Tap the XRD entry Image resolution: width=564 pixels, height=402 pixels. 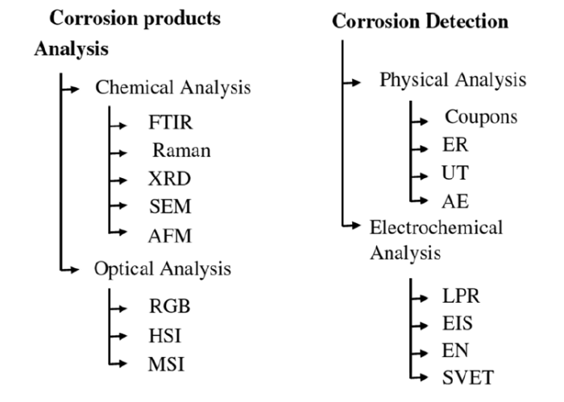point(169,178)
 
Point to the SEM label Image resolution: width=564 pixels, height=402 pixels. point(171,205)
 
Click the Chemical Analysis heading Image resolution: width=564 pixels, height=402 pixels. point(172,87)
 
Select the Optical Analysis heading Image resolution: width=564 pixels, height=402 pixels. point(163,267)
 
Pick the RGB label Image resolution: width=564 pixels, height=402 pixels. point(170,306)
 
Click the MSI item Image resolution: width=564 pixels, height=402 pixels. point(167,364)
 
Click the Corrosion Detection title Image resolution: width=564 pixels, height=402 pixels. point(420,22)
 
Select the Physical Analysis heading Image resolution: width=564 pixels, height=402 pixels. point(453,80)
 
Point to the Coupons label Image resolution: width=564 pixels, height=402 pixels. point(481,117)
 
